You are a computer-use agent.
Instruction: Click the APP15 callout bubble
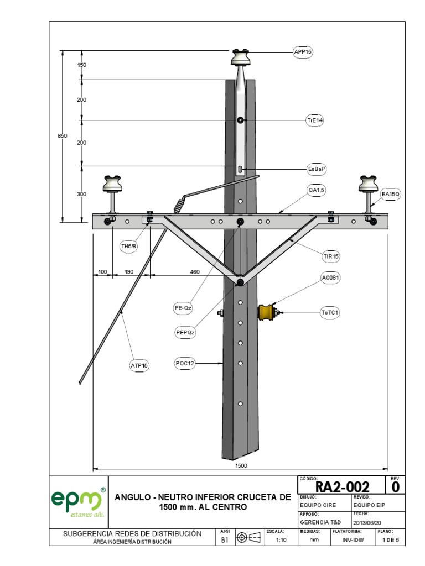[303, 53]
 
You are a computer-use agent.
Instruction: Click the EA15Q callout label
[390, 195]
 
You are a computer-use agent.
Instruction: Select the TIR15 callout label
[331, 256]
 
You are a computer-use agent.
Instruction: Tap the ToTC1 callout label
[330, 313]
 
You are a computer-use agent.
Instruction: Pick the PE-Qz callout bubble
[184, 307]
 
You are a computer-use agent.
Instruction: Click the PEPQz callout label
[185, 332]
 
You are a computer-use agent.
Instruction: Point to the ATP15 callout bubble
[139, 364]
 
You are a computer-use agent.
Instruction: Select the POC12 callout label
[185, 363]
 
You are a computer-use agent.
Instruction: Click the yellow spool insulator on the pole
[267, 313]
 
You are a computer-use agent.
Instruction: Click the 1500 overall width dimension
[241, 466]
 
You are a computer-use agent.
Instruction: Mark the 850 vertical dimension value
[63, 136]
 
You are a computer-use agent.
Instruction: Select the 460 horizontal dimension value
[195, 271]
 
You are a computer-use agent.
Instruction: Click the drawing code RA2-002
[341, 487]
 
